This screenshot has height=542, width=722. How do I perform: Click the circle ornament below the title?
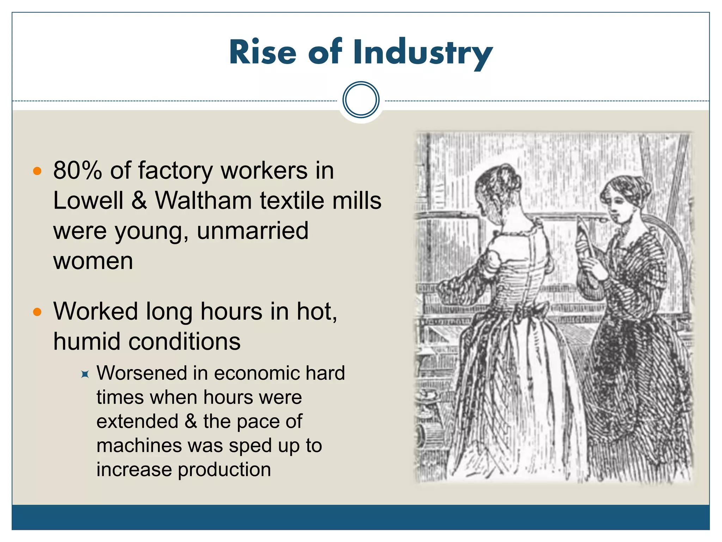(361, 100)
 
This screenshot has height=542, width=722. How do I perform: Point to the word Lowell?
(88, 201)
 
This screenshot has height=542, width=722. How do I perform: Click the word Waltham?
(203, 201)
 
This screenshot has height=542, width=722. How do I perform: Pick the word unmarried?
(252, 231)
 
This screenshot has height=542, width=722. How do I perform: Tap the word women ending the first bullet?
(93, 261)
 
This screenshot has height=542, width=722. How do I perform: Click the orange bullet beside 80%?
(37, 171)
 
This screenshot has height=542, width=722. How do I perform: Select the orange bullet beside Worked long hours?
(37, 312)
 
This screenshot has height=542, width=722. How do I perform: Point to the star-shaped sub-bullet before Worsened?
(85, 374)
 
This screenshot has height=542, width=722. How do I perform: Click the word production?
(224, 470)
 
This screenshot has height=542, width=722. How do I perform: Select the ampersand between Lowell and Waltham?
(139, 201)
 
